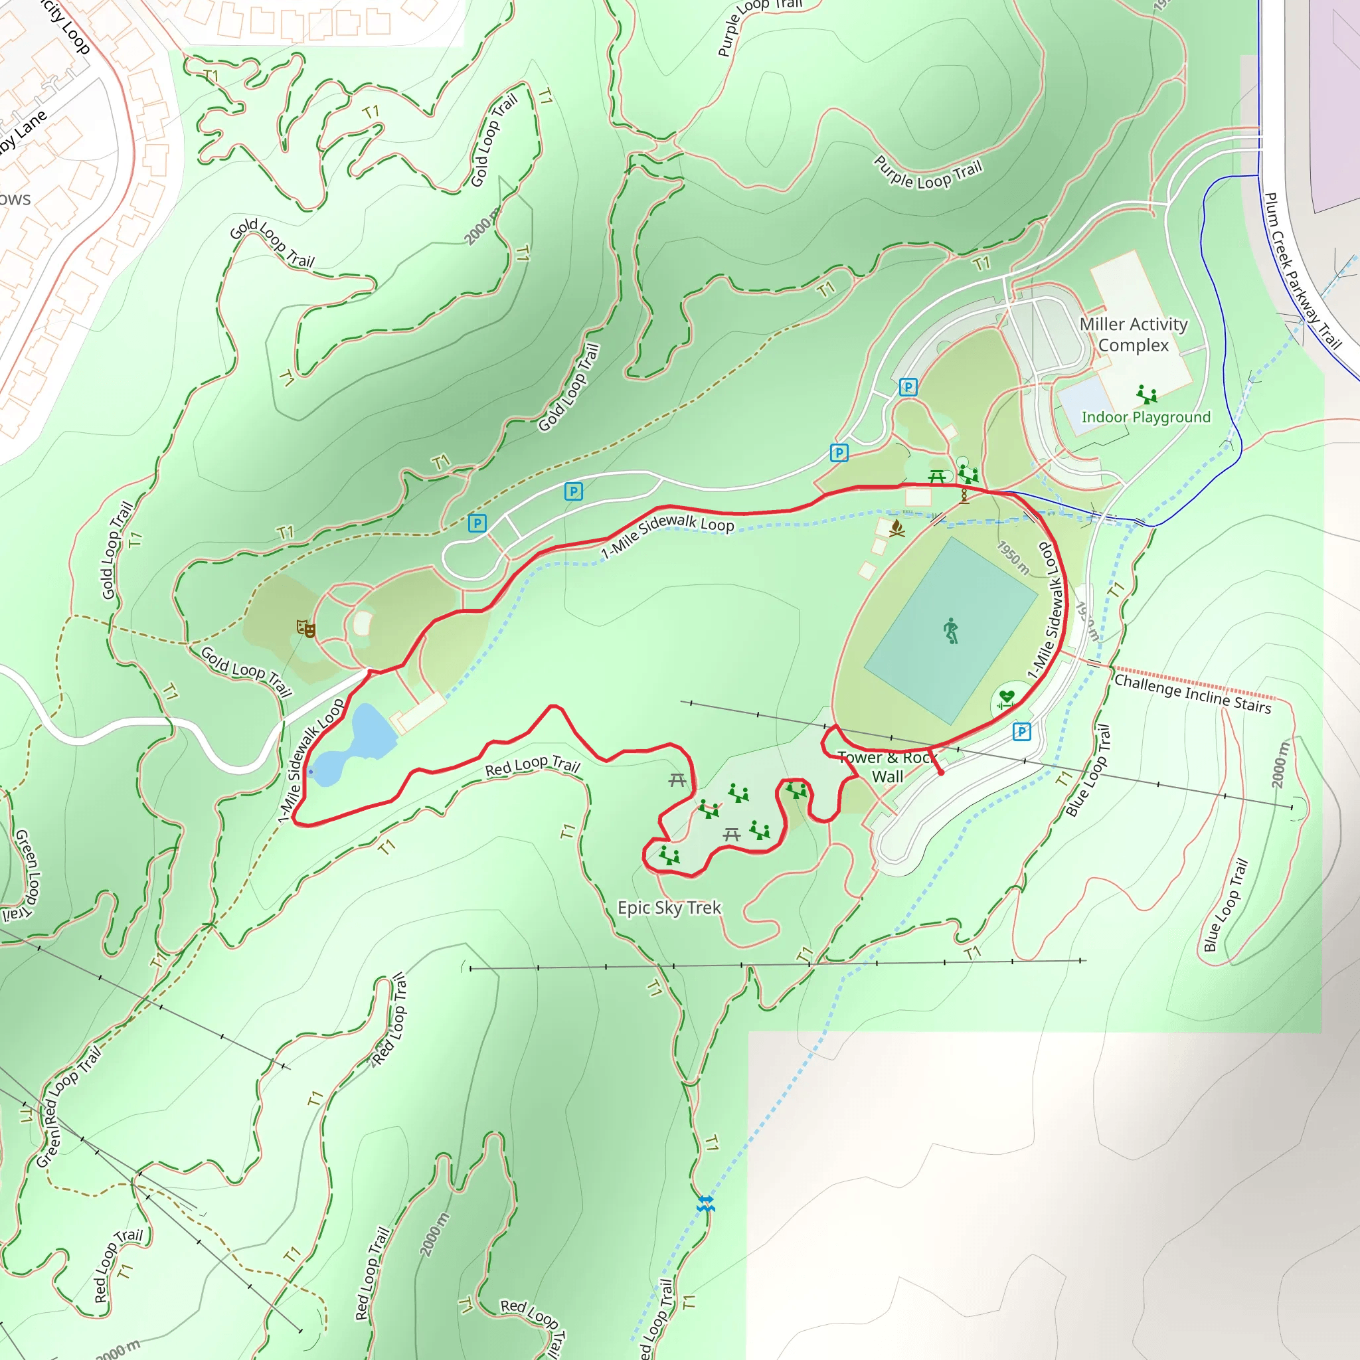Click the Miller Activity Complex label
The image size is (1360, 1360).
point(1134,335)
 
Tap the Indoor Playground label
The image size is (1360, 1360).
point(1146,418)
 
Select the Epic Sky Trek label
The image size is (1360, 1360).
point(669,907)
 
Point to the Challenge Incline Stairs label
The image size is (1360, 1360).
point(1193,693)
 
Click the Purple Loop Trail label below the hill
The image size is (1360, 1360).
point(928,174)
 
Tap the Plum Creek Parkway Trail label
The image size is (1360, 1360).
point(1302,271)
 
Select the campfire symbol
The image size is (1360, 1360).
point(896,528)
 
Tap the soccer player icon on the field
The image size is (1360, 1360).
point(951,631)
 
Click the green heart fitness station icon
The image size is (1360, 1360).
point(1007,699)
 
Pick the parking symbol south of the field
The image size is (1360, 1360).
point(1021,732)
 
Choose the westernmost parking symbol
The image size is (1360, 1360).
point(477,523)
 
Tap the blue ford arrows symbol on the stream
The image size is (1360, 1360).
point(706,1204)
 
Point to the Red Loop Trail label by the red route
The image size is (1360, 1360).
point(532,766)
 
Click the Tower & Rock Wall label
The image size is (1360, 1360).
point(887,766)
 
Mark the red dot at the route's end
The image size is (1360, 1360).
point(941,772)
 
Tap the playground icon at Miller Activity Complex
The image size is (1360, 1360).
point(1147,394)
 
